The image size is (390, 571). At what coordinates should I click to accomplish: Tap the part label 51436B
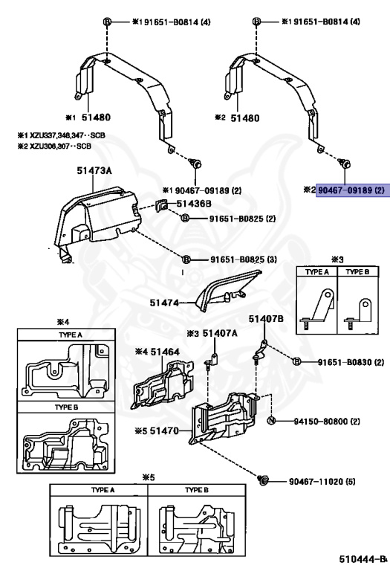click(x=195, y=203)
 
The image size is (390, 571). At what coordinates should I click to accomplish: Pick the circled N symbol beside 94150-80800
click(x=271, y=422)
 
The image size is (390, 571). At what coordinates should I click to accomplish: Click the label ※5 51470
click(x=157, y=430)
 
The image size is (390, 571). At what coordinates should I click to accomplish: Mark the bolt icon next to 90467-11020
click(x=264, y=481)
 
